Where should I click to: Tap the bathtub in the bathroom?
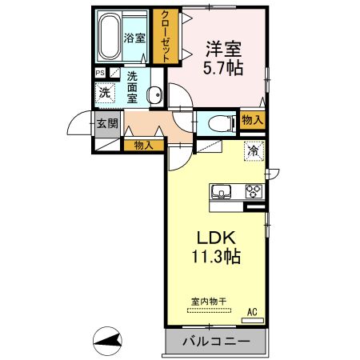(110, 36)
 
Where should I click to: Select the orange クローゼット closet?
(166, 36)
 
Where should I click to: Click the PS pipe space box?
(100, 74)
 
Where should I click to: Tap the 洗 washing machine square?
(104, 93)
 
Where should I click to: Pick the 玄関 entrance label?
(107, 124)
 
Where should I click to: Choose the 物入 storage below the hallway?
(143, 146)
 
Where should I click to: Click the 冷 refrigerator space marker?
(253, 150)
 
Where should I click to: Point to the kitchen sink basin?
(222, 191)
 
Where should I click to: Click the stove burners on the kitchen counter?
(254, 191)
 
